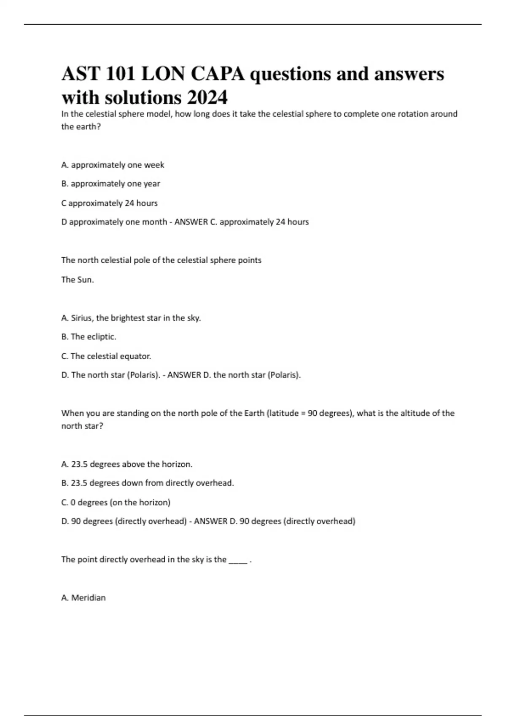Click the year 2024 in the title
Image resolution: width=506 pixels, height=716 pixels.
tap(207, 97)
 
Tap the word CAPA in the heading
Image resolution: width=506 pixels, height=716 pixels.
tap(218, 74)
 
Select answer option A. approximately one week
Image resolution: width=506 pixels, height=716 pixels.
tap(113, 165)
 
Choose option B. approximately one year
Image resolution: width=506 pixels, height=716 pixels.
tap(110, 184)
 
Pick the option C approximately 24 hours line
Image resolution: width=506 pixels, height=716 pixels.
tap(109, 203)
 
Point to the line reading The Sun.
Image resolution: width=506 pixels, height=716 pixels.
tap(78, 280)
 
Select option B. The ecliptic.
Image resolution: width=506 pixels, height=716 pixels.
tap(89, 337)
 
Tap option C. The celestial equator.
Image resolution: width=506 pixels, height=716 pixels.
tap(106, 356)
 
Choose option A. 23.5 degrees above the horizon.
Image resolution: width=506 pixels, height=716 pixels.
tap(126, 464)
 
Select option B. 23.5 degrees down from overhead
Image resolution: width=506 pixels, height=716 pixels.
tap(147, 483)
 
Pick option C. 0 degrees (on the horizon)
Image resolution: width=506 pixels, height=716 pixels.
tap(116, 502)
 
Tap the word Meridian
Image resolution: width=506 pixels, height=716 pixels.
tap(88, 598)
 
